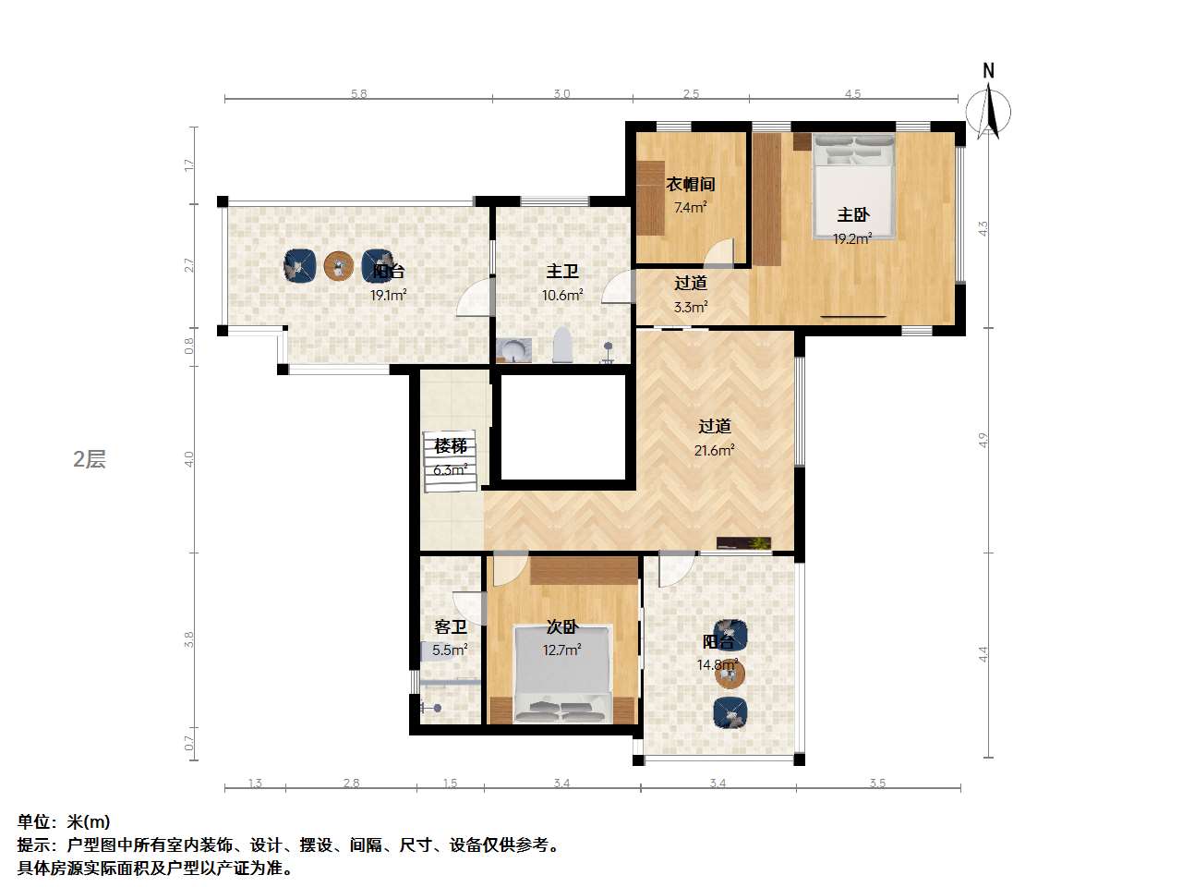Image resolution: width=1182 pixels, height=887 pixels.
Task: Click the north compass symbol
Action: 988,109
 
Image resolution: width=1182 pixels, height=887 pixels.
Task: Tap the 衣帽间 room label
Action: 691,184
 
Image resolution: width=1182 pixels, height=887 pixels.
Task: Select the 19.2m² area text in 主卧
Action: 851,238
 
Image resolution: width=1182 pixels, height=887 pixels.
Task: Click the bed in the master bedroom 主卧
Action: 854,189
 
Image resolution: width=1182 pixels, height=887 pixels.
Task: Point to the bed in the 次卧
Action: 562,674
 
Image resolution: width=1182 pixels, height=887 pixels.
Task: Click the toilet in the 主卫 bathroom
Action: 562,346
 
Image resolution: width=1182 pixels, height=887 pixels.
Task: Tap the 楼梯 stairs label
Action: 451,446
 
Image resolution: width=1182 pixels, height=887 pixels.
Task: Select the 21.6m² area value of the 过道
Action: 714,450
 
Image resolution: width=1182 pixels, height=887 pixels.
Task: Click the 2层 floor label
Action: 90,459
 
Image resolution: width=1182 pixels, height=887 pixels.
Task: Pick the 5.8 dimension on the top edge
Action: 358,93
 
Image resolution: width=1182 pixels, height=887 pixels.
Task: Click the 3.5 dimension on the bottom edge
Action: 877,783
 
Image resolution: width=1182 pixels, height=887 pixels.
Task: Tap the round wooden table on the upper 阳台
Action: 339,266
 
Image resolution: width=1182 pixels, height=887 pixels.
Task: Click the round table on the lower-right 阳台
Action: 730,674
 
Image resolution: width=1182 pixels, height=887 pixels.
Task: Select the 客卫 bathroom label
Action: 451,626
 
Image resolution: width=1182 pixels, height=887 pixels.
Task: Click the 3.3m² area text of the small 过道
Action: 691,307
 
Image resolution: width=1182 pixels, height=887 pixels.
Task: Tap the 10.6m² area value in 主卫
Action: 561,296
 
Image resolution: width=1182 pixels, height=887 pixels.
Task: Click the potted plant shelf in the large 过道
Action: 743,543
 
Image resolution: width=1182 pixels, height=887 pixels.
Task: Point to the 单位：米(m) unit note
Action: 64,821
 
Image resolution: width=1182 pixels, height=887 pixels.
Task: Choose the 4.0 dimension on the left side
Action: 189,458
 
